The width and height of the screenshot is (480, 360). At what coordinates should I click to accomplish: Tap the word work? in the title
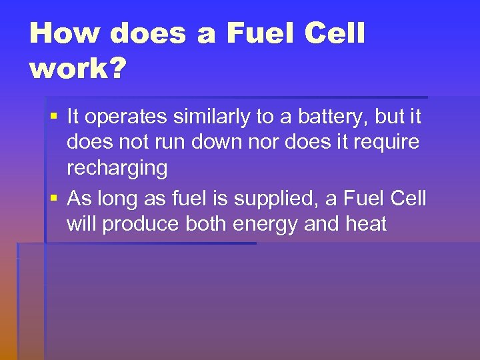77,69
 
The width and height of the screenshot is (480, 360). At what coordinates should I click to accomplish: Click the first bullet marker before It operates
54,117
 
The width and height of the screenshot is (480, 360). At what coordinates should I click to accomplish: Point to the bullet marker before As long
54,199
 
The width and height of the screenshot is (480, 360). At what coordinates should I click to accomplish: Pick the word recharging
117,168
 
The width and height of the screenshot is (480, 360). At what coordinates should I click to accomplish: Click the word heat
365,224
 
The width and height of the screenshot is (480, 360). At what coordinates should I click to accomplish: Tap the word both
207,224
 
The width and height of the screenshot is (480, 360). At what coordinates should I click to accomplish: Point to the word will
81,224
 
